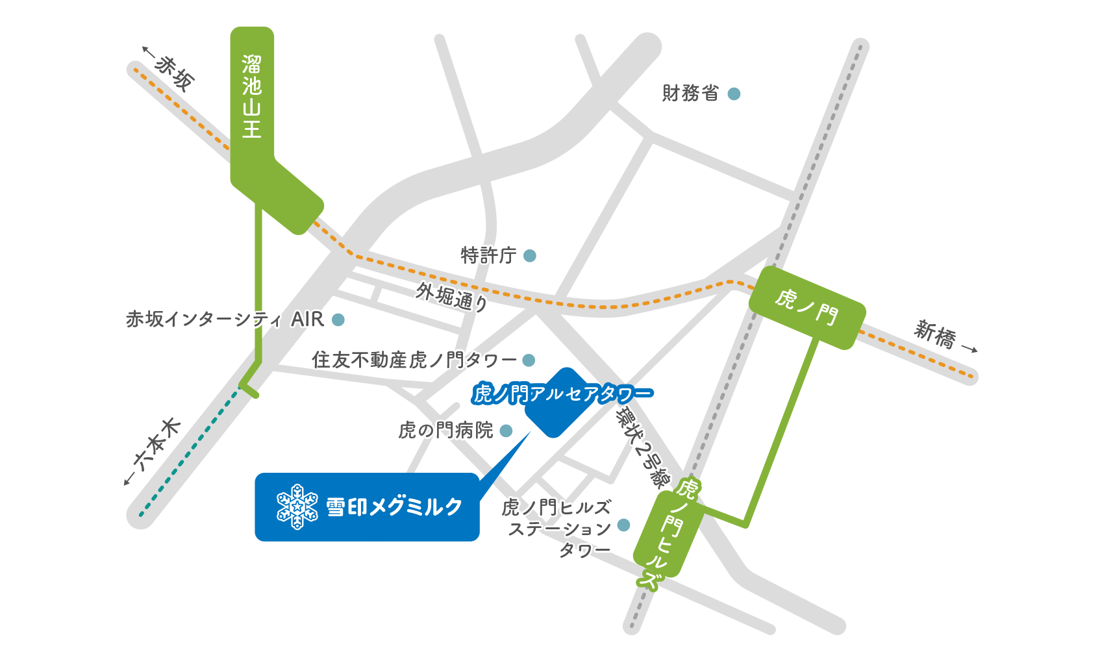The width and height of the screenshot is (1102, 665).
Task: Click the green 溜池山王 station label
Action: [x=252, y=97]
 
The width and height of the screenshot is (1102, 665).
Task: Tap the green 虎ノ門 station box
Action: [x=807, y=307]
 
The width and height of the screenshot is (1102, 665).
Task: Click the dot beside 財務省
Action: [x=734, y=94]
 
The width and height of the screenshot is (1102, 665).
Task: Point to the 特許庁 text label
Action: [x=488, y=255]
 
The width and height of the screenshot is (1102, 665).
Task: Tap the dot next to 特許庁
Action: [x=530, y=256]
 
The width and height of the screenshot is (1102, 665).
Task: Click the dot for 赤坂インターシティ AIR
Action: [x=338, y=320]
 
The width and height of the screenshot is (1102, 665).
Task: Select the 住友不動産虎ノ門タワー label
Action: [x=414, y=360]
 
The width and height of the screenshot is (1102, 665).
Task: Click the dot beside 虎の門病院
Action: [x=506, y=431]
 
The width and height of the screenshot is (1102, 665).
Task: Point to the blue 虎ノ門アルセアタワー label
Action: [x=562, y=394]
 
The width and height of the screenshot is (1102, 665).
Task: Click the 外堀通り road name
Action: [x=452, y=297]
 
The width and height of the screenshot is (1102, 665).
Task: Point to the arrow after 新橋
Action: [x=970, y=349]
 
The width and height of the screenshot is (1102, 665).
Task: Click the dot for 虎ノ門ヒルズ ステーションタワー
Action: [x=623, y=525]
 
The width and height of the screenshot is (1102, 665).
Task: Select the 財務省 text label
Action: [x=690, y=94]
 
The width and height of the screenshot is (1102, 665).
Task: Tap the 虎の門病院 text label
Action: [x=445, y=431]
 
